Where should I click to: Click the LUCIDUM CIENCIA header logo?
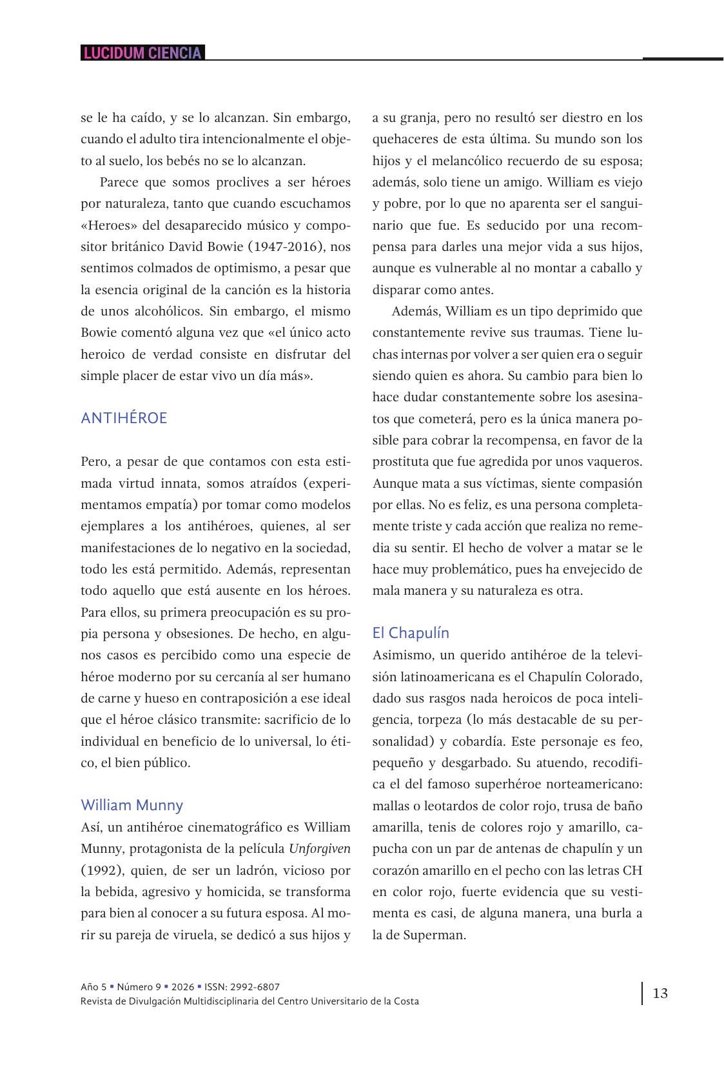[142, 53]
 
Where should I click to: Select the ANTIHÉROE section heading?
[124, 418]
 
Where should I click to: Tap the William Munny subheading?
[132, 805]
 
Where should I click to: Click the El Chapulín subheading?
[411, 633]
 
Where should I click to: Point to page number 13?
[660, 993]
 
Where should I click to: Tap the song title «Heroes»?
[107, 225]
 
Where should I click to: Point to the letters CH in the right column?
[632, 870]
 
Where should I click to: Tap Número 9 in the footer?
[139, 987]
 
